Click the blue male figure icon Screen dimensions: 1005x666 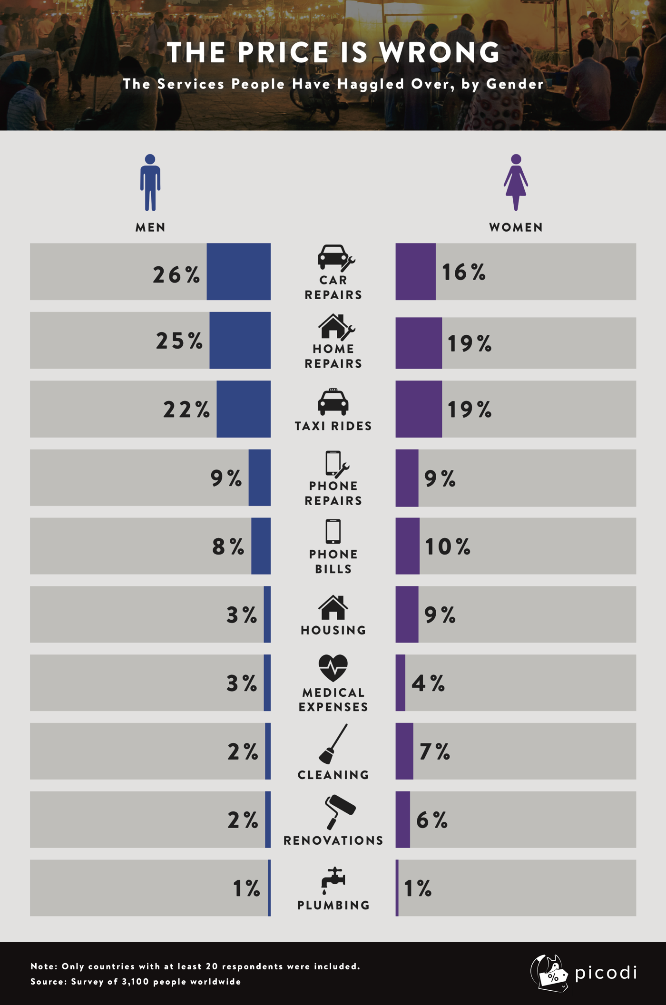click(150, 182)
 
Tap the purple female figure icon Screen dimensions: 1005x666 click(516, 182)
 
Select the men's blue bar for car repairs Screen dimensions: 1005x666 click(238, 272)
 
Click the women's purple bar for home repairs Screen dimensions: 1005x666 click(419, 343)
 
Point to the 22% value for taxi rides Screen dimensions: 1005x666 click(186, 410)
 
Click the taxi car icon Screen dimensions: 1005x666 click(333, 402)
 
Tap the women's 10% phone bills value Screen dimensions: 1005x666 click(448, 546)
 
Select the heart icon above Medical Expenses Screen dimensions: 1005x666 click(333, 668)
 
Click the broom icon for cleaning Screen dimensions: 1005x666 click(333, 743)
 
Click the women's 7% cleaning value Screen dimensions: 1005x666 click(434, 751)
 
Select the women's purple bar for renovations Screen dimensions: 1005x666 click(403, 820)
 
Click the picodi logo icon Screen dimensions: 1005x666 click(550, 973)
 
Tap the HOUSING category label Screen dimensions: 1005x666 click(333, 630)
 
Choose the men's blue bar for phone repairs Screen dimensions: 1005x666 click(260, 478)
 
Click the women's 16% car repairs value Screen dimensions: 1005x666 click(464, 272)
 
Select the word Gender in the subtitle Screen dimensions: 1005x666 click(515, 84)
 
